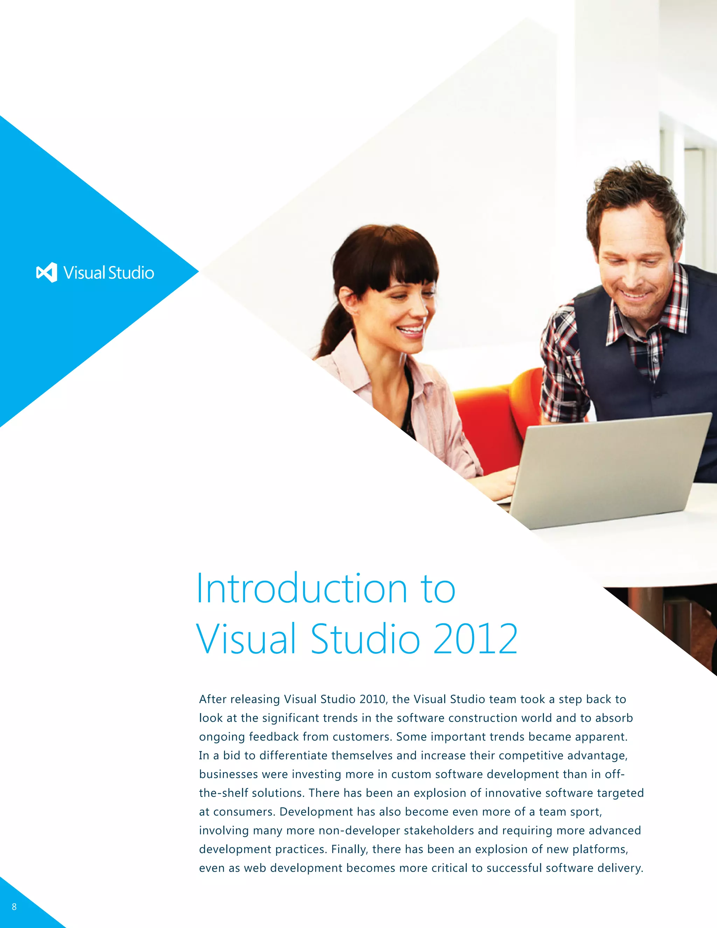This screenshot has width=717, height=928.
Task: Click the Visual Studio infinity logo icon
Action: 47,272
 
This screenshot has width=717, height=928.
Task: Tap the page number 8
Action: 14,907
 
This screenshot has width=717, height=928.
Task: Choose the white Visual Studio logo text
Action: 109,273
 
